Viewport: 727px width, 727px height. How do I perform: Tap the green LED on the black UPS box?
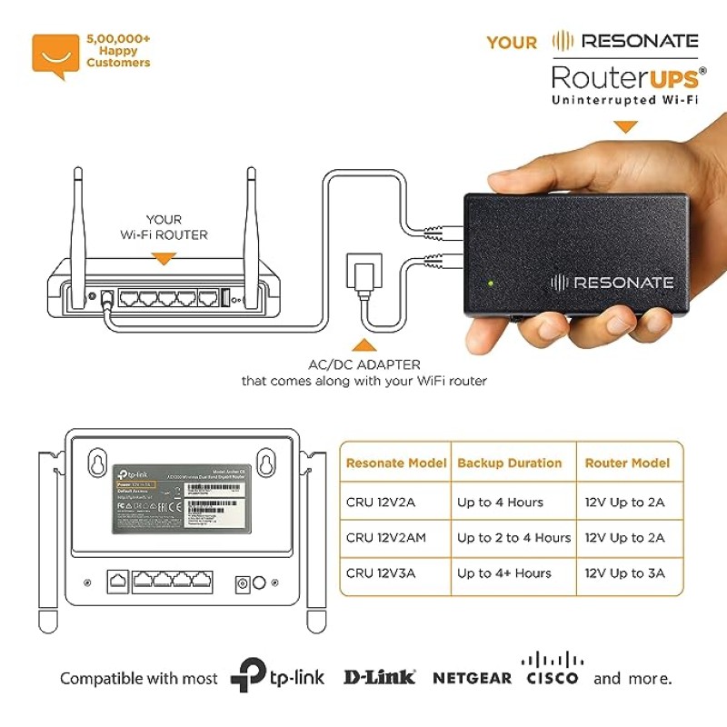(491, 282)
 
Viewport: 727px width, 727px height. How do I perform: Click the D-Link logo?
(379, 677)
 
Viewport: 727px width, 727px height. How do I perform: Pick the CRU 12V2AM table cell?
(386, 538)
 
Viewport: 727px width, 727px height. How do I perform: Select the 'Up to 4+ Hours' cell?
(504, 573)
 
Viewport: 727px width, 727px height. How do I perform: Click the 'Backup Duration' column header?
(509, 463)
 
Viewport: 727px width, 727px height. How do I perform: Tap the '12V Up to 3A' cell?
(625, 573)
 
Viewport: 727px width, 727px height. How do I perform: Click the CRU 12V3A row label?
(381, 573)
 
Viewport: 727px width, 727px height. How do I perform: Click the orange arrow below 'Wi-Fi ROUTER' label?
(164, 260)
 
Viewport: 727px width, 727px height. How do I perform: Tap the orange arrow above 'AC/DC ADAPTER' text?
(363, 344)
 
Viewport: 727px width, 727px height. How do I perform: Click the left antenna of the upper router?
(79, 218)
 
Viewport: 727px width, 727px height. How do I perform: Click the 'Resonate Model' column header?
(396, 463)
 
